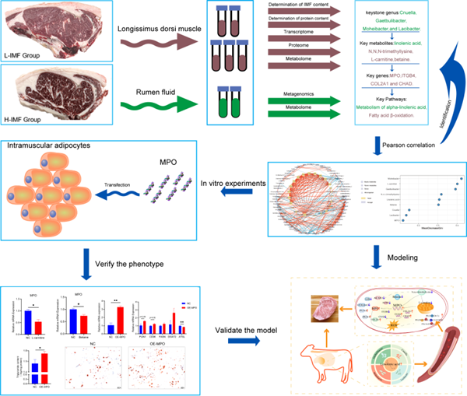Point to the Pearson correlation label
click(411, 143)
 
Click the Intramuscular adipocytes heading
click(44, 145)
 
